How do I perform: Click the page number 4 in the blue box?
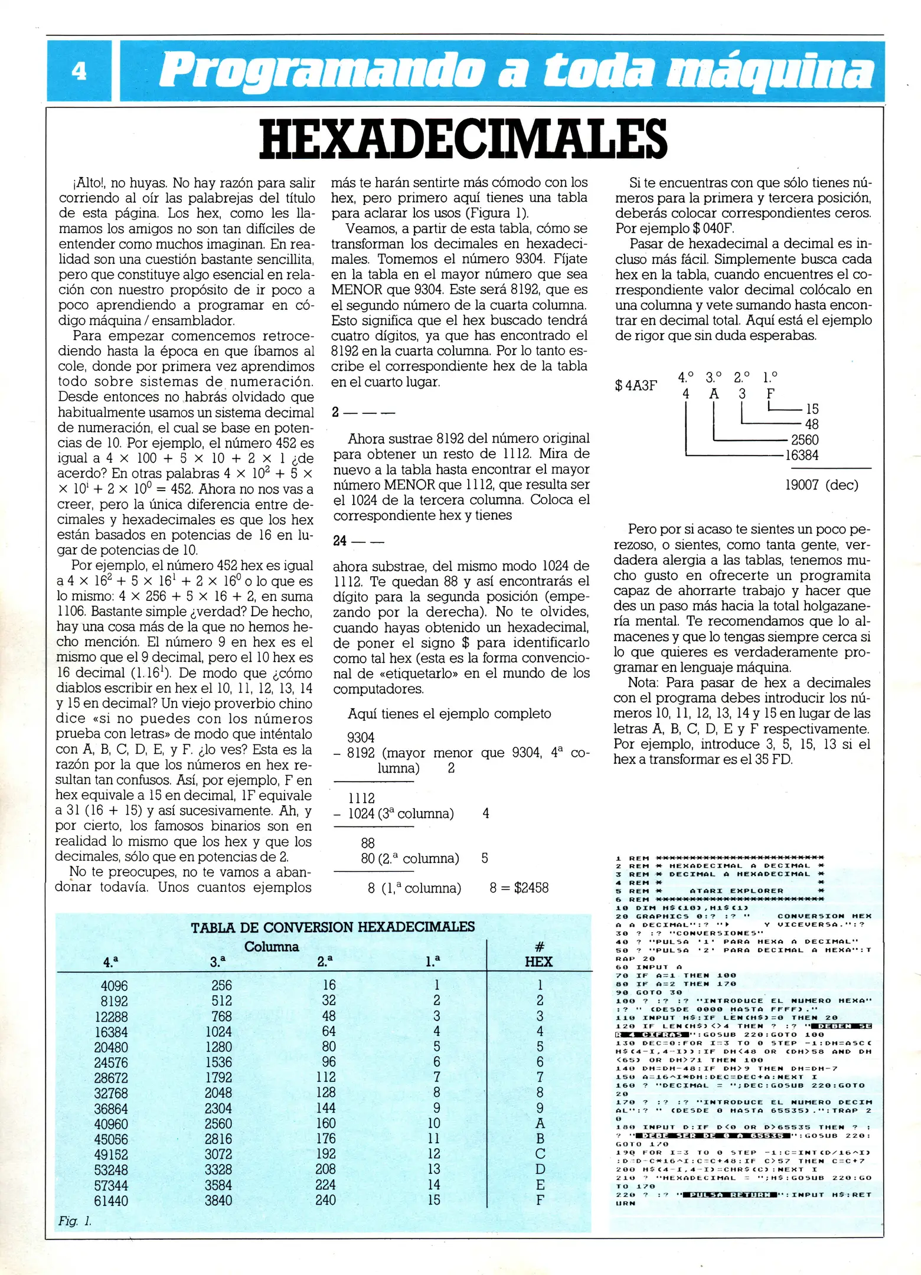click(79, 71)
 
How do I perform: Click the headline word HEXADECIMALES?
click(463, 139)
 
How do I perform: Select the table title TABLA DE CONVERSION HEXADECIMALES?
click(332, 927)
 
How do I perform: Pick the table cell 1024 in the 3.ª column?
click(218, 1032)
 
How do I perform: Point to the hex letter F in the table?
click(540, 1200)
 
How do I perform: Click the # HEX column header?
click(538, 954)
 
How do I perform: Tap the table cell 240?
click(325, 1200)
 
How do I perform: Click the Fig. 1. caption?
click(74, 1221)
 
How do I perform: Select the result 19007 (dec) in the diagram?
click(822, 485)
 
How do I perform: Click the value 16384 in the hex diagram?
click(801, 455)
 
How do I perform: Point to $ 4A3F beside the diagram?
click(636, 386)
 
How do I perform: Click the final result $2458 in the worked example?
click(531, 888)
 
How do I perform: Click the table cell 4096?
click(114, 986)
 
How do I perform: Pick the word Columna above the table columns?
click(272, 947)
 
